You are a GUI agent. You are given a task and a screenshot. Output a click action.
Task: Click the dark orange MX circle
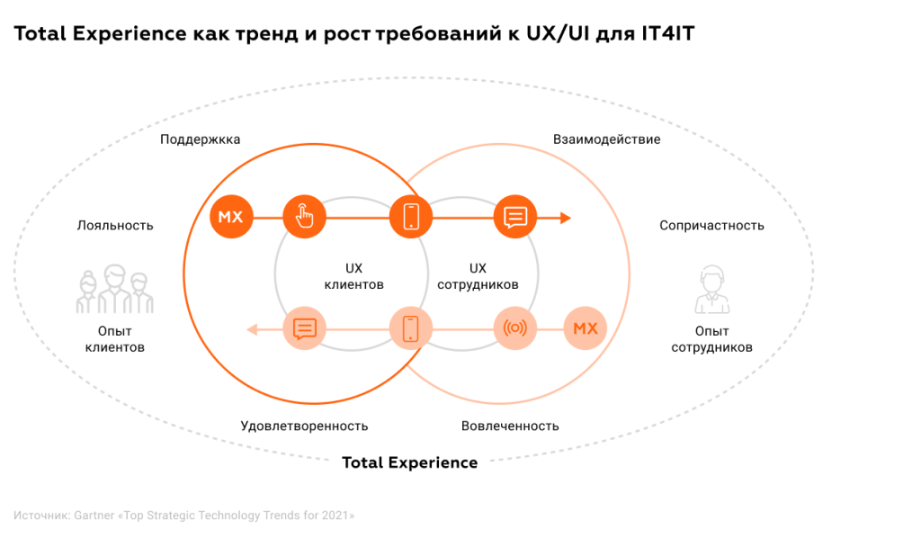coord(231,217)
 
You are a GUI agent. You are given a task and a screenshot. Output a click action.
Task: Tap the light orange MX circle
coord(585,328)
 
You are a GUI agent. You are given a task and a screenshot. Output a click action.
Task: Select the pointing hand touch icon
coord(305,217)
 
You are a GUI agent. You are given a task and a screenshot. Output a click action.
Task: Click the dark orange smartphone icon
coord(411,217)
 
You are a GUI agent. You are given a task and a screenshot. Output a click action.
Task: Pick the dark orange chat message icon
coord(515,217)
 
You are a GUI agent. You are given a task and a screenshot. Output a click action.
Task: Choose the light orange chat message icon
coord(305,328)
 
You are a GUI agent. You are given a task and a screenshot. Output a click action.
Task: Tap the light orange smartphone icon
coord(411,328)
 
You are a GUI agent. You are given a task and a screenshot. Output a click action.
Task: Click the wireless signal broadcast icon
coord(515,328)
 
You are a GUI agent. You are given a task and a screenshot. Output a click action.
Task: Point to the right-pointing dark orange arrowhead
coord(566,217)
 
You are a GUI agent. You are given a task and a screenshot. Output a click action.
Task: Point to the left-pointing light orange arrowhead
coord(254,329)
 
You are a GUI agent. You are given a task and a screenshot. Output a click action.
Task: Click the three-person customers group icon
coord(114,288)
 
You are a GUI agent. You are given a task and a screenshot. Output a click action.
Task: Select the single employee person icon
coord(711,289)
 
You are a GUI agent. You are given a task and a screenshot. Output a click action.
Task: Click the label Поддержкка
coord(201,139)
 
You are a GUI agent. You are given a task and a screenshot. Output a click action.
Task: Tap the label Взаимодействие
coord(607,139)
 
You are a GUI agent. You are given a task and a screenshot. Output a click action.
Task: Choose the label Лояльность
coord(115,225)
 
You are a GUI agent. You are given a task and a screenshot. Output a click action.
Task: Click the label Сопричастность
coord(711,225)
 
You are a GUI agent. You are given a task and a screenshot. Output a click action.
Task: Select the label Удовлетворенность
coord(304,426)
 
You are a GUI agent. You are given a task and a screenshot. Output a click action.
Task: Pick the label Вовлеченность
coord(510,426)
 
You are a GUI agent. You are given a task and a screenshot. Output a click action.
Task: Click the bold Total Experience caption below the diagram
coord(410,462)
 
